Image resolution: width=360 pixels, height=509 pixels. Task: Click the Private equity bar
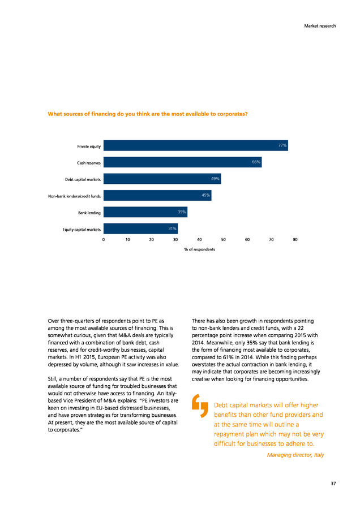coord(196,145)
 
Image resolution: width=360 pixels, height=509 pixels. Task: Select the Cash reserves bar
coord(183,162)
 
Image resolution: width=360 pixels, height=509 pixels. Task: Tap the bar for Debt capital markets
coord(162,179)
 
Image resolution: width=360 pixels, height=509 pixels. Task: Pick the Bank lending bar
coord(145,212)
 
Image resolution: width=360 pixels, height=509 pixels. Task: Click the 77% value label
coord(282,145)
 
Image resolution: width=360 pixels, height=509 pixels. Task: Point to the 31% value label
coord(172,228)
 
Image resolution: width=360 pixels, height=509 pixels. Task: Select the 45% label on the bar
coord(205,196)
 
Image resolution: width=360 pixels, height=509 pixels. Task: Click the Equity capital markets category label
coord(82,230)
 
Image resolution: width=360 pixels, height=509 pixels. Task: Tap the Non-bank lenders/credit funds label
coord(74,196)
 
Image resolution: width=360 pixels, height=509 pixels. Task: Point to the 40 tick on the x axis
coord(199,240)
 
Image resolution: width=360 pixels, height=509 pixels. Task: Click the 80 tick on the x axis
coord(295,240)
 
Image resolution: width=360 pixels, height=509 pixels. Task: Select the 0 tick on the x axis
coord(104,240)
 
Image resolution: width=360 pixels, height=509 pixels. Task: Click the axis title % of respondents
coord(199,249)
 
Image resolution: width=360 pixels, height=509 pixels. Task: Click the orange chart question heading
coord(148,114)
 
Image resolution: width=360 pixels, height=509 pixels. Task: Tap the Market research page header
coord(320,26)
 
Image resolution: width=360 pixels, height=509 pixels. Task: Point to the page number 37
coord(333,484)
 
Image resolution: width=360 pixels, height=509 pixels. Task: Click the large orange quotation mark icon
coord(200,406)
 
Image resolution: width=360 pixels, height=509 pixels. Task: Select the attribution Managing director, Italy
coord(295,455)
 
